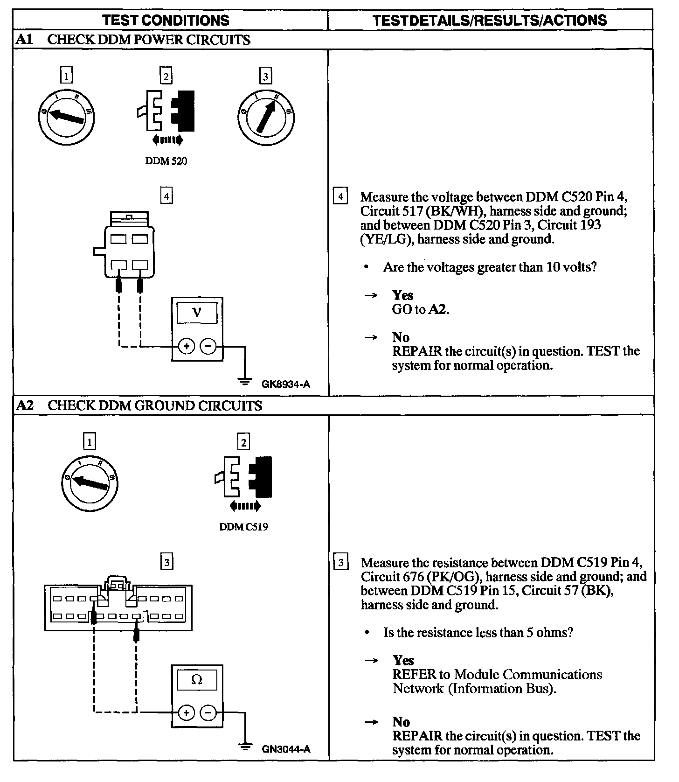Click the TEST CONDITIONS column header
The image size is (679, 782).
[166, 20]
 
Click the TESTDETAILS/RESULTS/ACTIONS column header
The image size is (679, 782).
[490, 20]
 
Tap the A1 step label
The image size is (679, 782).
[24, 40]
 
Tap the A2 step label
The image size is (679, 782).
[24, 405]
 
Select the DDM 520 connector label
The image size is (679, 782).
[166, 161]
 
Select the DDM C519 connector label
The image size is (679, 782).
[243, 527]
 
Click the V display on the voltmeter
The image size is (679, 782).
[197, 312]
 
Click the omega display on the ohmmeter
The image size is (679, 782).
[197, 680]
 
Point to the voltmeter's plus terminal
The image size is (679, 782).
[187, 347]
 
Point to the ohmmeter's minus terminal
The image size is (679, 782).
[208, 712]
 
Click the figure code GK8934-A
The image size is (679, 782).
[286, 384]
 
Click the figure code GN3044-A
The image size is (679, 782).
[286, 750]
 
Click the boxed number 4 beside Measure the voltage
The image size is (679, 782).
[340, 196]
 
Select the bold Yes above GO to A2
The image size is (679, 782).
[402, 295]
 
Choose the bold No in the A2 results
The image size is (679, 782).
[401, 722]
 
